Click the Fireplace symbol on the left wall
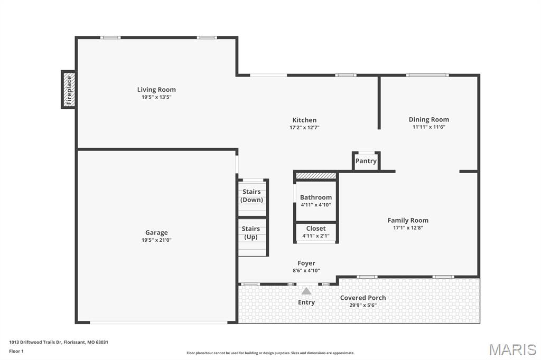pos(68,89)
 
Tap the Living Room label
pos(156,90)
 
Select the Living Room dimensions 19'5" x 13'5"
pos(156,97)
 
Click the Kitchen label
pos(304,120)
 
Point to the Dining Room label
pos(428,120)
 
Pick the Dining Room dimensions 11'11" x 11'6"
pos(428,127)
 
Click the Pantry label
pos(366,161)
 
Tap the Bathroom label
pos(316,197)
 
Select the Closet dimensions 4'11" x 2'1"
pos(316,236)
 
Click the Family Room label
pos(408,221)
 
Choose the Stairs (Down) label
pos(251,196)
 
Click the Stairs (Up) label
pos(251,233)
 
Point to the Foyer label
pos(306,263)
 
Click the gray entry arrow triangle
pos(306,291)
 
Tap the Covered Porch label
pos(363,298)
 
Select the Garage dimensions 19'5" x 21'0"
pos(156,240)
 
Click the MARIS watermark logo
pos(512,349)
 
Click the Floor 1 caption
pos(16,351)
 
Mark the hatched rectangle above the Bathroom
pos(316,176)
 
